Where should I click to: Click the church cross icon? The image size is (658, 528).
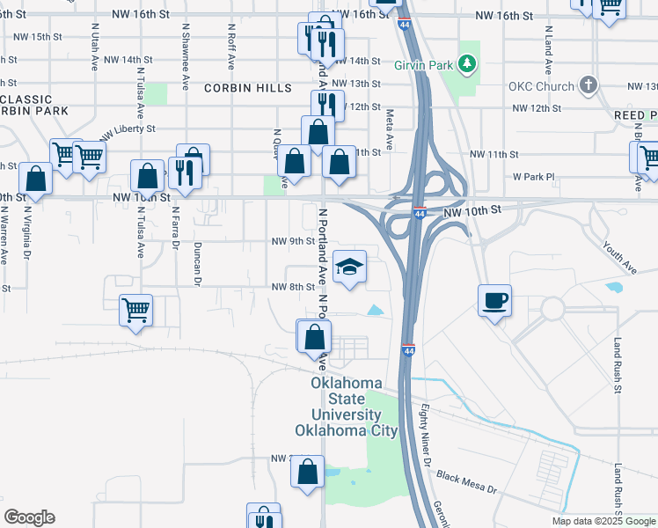pos(589,86)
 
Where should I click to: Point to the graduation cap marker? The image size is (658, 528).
pos(349,267)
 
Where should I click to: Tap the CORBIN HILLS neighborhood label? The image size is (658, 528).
pos(249,88)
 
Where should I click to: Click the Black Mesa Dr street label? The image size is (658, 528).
pos(466,480)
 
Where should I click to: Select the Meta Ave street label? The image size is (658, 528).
pos(389,128)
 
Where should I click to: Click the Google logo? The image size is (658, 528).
pos(29,517)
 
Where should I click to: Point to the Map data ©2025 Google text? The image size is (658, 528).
pos(603,521)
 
